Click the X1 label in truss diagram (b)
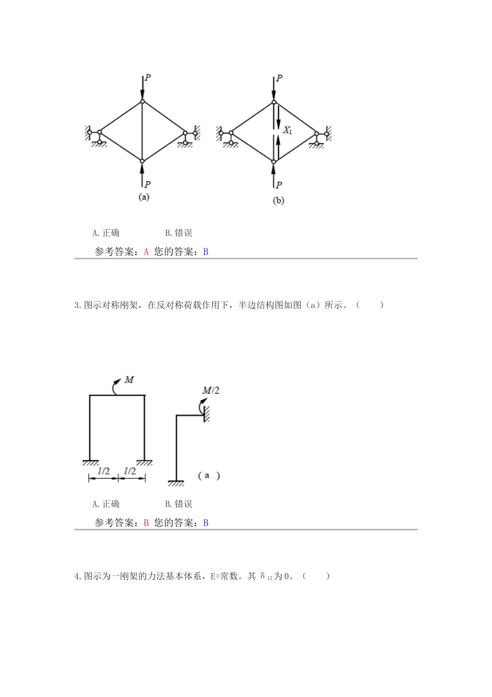(x=287, y=131)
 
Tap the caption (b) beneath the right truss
(x=278, y=201)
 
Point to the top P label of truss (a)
(x=148, y=78)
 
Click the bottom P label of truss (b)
(x=279, y=185)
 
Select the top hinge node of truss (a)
(x=142, y=101)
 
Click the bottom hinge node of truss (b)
(x=274, y=162)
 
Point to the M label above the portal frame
(x=129, y=380)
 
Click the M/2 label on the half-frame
(x=210, y=390)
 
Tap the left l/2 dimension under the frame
(x=104, y=471)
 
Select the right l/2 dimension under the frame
(x=130, y=471)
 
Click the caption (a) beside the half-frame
(x=209, y=476)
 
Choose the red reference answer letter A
(x=146, y=252)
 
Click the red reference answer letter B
(x=146, y=523)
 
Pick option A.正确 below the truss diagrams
(x=106, y=233)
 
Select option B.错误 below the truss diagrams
(x=179, y=233)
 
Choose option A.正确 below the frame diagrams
(x=106, y=504)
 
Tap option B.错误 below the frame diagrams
(x=179, y=504)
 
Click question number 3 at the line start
(x=77, y=305)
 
